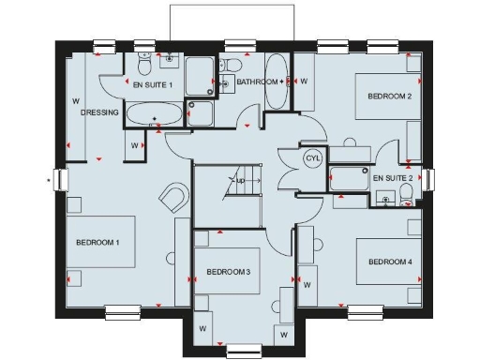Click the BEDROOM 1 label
pyautogui.click(x=97, y=243)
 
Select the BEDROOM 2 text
pyautogui.click(x=390, y=97)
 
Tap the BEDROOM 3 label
pyautogui.click(x=228, y=272)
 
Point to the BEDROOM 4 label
pyautogui.click(x=390, y=261)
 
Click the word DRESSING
pyautogui.click(x=99, y=112)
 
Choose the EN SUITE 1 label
pyautogui.click(x=153, y=85)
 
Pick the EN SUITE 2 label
pyautogui.click(x=393, y=177)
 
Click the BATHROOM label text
pyautogui.click(x=257, y=82)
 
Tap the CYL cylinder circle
pyautogui.click(x=312, y=158)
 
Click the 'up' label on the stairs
pyautogui.click(x=240, y=180)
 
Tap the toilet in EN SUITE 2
pyautogui.click(x=406, y=194)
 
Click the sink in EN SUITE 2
pyautogui.click(x=384, y=198)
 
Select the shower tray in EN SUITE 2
pyautogui.click(x=351, y=179)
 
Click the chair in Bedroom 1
pyautogui.click(x=172, y=199)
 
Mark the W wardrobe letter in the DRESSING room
pyautogui.click(x=75, y=101)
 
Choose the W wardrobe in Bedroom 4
pyautogui.click(x=308, y=282)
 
